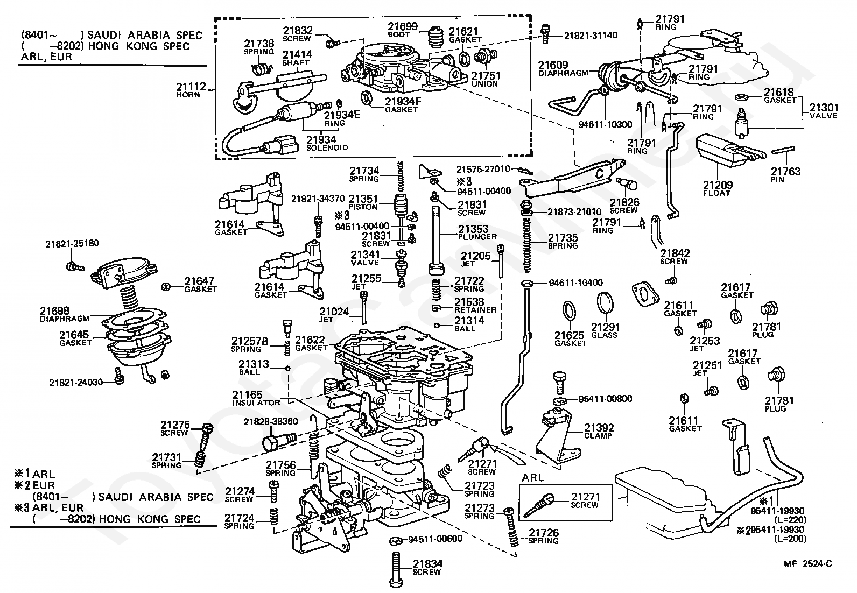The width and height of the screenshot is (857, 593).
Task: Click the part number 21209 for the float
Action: [x=718, y=185]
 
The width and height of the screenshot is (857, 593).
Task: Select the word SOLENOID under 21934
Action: [x=327, y=147]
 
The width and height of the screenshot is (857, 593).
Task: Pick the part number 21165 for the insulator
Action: [x=247, y=394]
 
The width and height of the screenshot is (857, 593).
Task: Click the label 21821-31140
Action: [x=591, y=36]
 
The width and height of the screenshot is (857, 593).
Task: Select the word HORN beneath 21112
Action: [x=188, y=95]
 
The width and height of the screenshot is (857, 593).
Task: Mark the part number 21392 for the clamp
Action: [x=599, y=427]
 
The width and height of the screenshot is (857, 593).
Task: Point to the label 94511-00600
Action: [x=435, y=539]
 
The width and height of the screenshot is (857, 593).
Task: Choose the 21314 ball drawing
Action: [x=437, y=326]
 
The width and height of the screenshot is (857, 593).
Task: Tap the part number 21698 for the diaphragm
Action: [x=55, y=310]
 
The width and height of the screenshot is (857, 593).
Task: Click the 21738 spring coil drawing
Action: [x=262, y=69]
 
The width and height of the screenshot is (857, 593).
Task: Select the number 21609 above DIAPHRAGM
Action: [x=553, y=65]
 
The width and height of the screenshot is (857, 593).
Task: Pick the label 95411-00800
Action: [x=605, y=398]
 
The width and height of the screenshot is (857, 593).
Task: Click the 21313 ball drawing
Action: [x=287, y=368]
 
